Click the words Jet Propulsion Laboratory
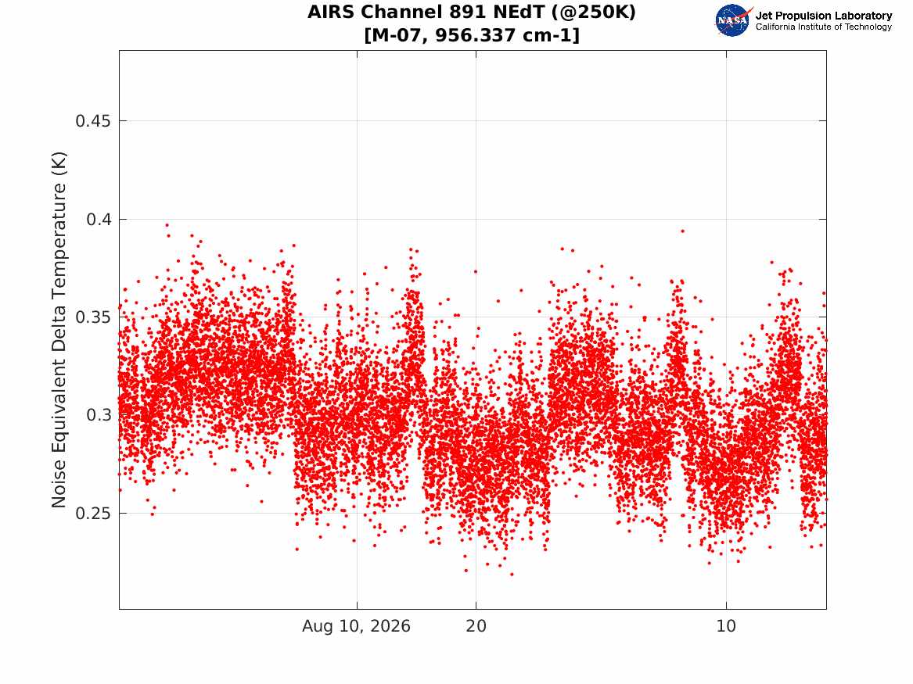(824, 16)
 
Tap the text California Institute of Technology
(824, 27)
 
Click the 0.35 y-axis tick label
(93, 317)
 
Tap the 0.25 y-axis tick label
(93, 514)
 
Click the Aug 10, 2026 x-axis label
(356, 626)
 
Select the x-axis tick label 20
(476, 626)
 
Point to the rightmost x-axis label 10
(726, 626)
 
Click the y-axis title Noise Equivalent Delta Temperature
(59, 330)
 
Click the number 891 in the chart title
(465, 12)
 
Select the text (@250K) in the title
(591, 13)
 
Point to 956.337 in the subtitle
(475, 35)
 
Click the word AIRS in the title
(331, 12)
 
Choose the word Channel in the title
(402, 12)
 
